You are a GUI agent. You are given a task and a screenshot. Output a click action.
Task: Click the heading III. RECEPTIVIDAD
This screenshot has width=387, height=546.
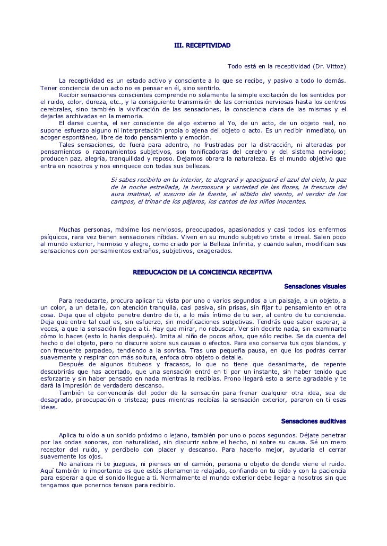point(202,46)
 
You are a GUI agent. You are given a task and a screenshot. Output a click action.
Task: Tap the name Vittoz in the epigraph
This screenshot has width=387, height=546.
point(333,67)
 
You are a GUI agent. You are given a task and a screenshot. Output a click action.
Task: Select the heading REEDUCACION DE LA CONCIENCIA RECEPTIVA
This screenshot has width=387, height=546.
point(202,272)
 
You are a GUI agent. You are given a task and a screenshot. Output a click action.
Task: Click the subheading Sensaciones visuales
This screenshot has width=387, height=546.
point(315,287)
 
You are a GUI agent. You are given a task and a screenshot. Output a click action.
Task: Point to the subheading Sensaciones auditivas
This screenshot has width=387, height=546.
point(314,421)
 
